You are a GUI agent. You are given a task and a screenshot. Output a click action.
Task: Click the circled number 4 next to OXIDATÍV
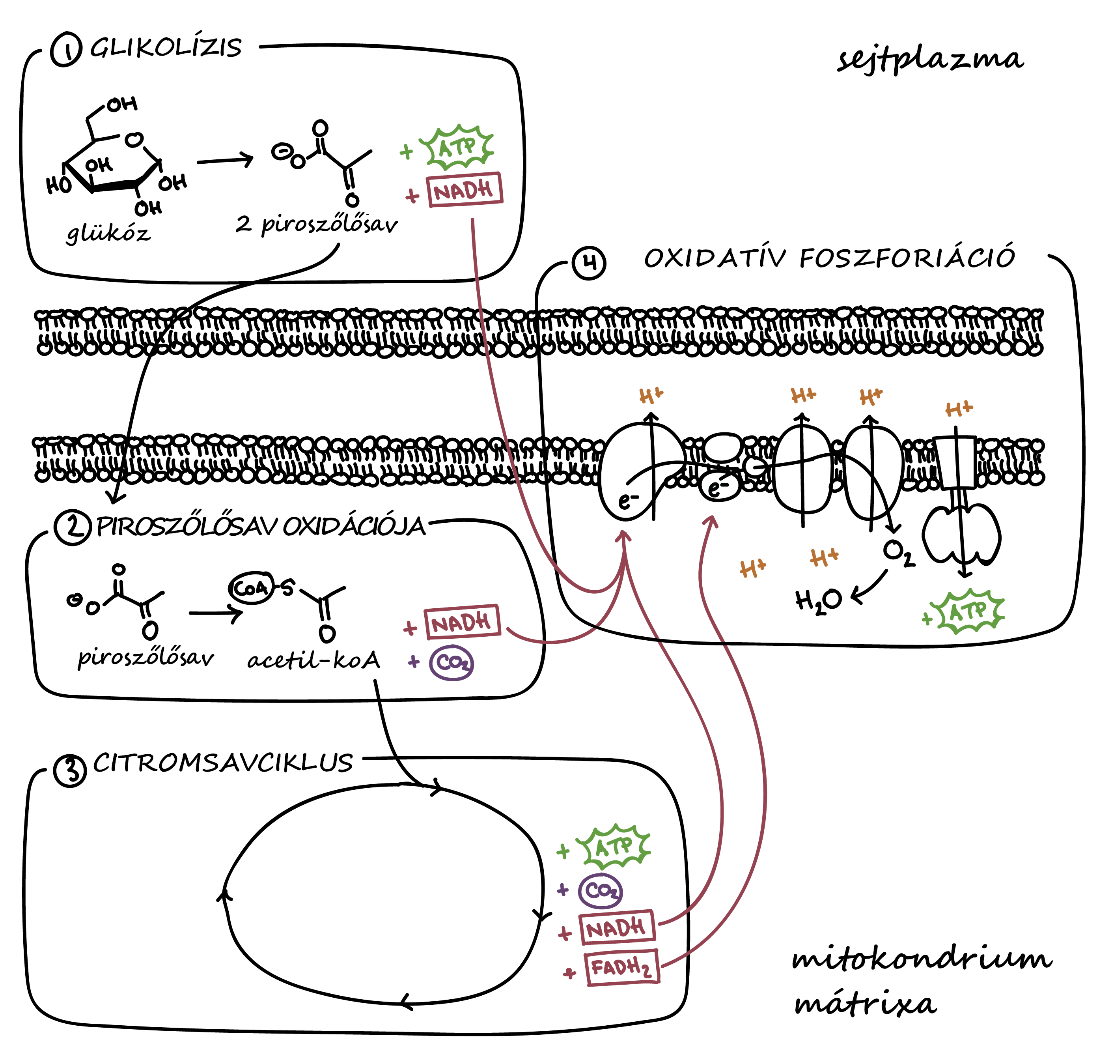(x=589, y=262)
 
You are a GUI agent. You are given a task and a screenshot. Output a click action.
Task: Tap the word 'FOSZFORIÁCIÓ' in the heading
(x=907, y=258)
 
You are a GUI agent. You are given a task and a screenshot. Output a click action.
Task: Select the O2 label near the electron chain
(x=899, y=553)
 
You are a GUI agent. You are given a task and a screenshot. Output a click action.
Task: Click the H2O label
(x=818, y=600)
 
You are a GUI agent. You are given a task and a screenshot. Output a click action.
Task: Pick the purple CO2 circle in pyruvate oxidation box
(x=452, y=663)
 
